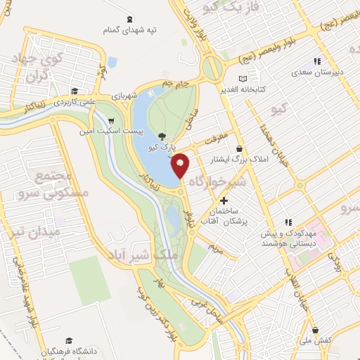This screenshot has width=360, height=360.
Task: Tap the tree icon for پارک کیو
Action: click(x=163, y=137)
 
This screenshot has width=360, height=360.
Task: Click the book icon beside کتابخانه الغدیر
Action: click(x=243, y=79)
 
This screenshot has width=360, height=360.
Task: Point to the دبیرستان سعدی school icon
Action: click(x=316, y=61)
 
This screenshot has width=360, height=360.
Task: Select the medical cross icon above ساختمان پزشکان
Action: click(x=224, y=201)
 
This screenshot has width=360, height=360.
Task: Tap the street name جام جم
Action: click(x=176, y=85)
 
